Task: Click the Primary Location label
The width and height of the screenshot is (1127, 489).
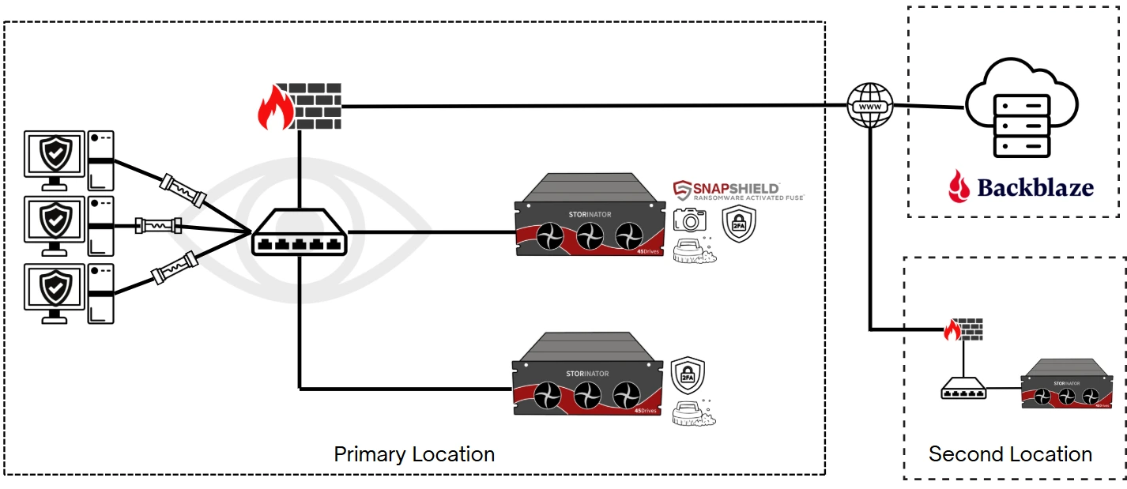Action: [414, 454]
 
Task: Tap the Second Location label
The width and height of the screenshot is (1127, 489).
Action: [1010, 454]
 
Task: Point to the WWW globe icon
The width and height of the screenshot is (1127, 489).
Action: [869, 106]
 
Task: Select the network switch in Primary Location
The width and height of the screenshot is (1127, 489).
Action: [300, 232]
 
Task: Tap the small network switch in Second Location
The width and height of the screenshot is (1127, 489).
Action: [963, 389]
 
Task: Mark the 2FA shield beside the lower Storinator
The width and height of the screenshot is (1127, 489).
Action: [688, 377]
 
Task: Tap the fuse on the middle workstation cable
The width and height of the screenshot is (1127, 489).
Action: [159, 226]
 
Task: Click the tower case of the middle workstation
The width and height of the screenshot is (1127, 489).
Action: [100, 226]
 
